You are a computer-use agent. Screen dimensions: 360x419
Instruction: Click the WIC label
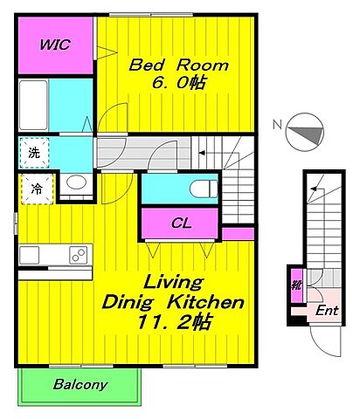click(55, 45)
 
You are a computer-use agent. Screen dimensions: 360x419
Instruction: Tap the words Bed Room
click(178, 65)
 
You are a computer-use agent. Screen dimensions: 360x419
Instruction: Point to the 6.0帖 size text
click(179, 83)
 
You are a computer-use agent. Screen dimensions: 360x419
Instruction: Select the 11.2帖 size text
click(174, 322)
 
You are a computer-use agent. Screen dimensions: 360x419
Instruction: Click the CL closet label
click(181, 223)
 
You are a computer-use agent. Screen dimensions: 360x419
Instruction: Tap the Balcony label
click(80, 384)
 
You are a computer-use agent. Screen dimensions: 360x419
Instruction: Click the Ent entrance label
click(327, 311)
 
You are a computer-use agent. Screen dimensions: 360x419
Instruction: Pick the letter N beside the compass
click(277, 125)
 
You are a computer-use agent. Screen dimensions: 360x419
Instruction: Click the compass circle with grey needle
click(305, 132)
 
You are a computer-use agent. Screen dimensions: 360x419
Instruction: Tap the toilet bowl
click(204, 189)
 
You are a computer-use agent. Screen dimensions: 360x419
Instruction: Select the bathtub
click(33, 105)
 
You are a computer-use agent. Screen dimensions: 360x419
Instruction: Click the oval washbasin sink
click(76, 182)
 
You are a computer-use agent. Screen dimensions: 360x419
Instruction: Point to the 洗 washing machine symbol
click(34, 153)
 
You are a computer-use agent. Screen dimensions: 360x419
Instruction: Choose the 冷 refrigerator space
click(37, 189)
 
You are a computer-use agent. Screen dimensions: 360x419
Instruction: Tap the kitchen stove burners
click(79, 255)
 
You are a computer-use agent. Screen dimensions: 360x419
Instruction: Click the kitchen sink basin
click(29, 255)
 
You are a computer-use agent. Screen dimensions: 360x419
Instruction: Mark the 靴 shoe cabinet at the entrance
click(297, 285)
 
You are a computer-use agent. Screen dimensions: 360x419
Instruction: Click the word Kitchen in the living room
click(205, 303)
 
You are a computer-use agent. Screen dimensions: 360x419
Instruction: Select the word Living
click(173, 282)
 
